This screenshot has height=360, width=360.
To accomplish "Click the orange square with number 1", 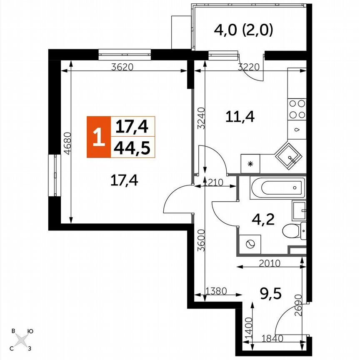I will (98, 137).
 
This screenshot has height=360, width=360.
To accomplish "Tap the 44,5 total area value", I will (132, 147).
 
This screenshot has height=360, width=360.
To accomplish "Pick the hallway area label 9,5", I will (270, 295).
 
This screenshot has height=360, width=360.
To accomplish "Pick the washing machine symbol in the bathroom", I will (250, 245).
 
